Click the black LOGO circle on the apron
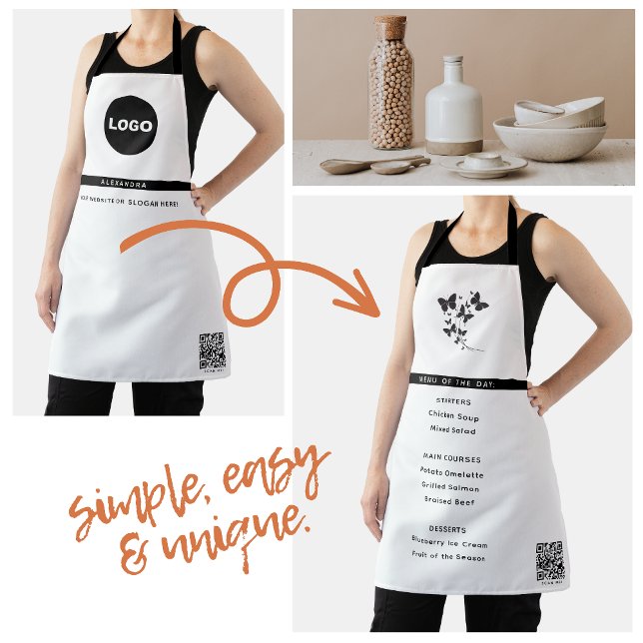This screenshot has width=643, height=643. click(x=130, y=125)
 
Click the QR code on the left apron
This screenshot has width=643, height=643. click(x=212, y=350)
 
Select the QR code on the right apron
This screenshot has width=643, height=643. click(x=549, y=560)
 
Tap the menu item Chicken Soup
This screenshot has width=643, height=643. click(x=453, y=413)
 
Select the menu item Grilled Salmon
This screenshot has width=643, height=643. click(x=451, y=488)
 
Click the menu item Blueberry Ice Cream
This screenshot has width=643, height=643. click(x=450, y=544)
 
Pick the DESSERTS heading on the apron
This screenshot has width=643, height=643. click(x=448, y=529)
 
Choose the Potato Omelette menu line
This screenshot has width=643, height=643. click(x=451, y=474)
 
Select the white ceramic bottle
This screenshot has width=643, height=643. click(x=454, y=110)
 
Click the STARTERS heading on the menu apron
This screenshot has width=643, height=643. click(x=454, y=399)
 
